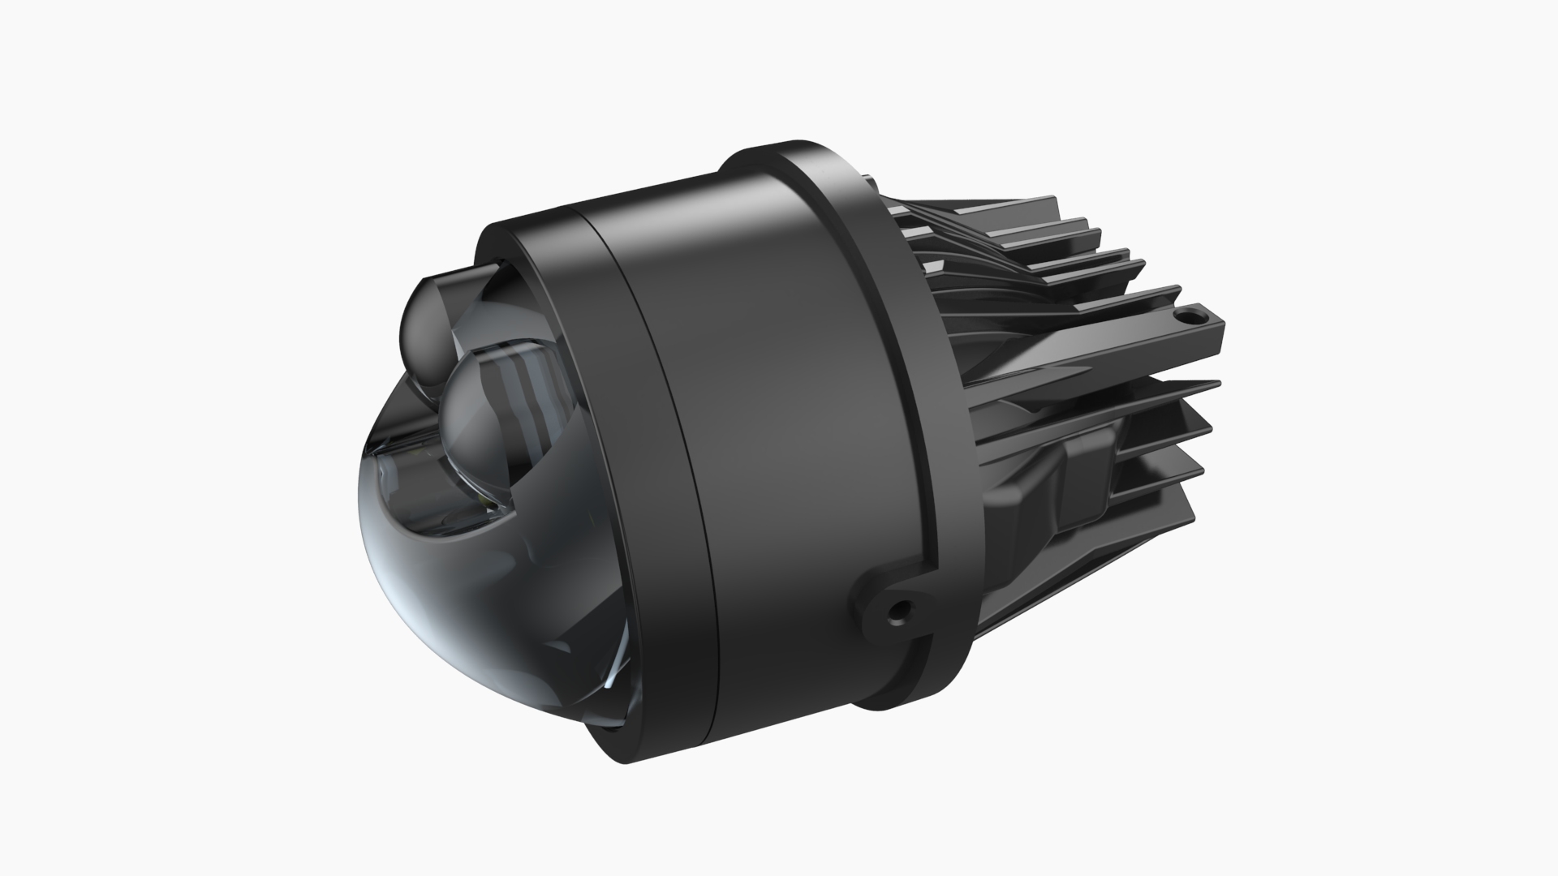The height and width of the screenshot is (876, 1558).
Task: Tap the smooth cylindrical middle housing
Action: click(x=779, y=406)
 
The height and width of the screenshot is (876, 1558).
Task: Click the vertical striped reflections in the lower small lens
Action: click(x=519, y=373)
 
